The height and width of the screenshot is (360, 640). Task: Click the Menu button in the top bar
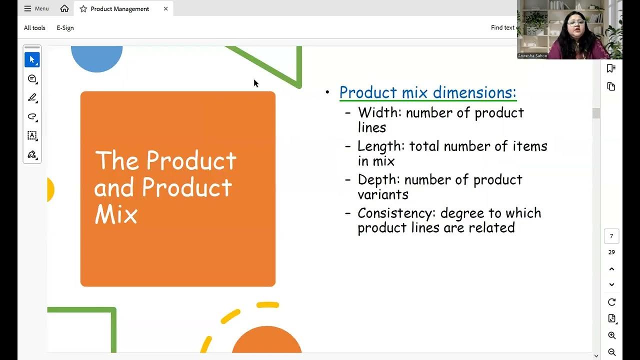(36, 8)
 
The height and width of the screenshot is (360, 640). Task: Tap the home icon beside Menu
(64, 8)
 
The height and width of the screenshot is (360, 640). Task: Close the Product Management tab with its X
(165, 8)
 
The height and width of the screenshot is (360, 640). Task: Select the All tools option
(34, 28)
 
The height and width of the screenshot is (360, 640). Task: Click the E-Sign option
(65, 28)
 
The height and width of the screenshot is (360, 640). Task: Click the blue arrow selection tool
(32, 60)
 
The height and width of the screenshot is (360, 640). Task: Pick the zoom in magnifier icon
(611, 335)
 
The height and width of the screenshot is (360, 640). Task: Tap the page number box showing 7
(611, 236)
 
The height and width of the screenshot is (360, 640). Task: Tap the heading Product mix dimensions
(427, 92)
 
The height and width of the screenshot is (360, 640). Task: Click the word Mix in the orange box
(116, 214)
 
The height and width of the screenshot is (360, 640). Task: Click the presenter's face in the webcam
(576, 22)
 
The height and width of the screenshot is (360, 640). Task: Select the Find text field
(502, 28)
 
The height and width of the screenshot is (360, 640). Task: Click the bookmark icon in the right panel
(611, 68)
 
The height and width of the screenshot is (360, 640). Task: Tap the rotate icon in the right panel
(611, 302)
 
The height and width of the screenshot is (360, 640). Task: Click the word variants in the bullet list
(383, 194)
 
